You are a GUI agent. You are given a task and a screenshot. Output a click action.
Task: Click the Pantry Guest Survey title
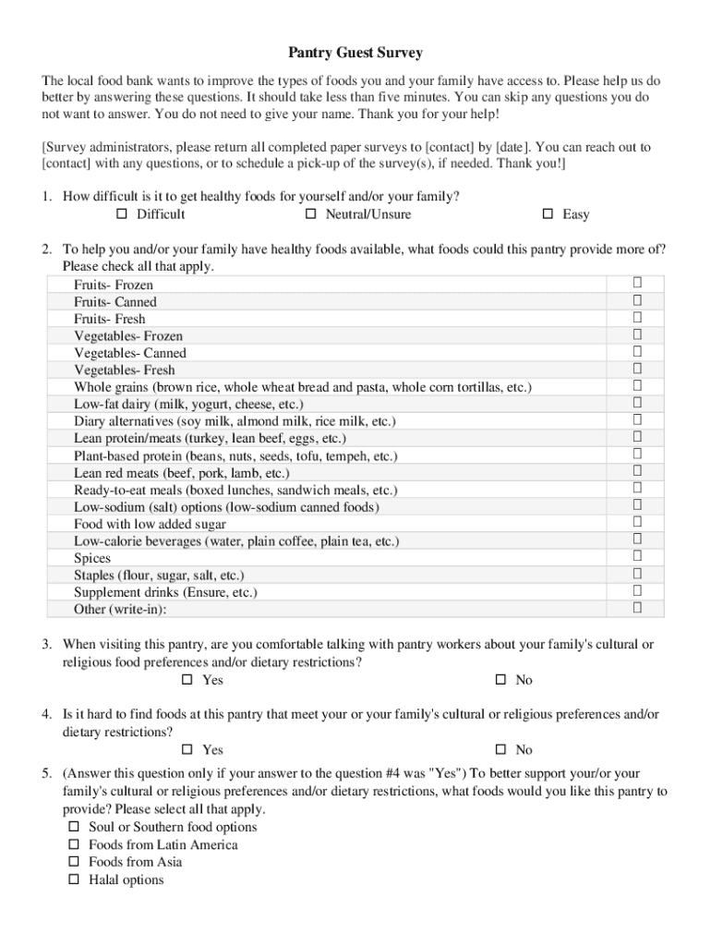point(355,53)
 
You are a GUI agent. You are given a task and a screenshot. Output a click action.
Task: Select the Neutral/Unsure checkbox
point(310,214)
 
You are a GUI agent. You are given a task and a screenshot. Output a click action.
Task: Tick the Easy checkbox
point(547,214)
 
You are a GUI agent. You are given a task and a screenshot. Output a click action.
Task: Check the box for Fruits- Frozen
point(636,283)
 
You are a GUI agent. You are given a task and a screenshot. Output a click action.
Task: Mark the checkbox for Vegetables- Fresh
point(636,369)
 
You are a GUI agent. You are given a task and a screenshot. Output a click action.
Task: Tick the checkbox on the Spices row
point(636,556)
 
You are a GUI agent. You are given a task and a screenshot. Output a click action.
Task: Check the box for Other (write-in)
point(636,608)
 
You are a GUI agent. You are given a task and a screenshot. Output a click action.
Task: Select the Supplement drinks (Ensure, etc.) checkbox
point(636,590)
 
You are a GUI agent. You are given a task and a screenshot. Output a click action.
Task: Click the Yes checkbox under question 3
point(187,680)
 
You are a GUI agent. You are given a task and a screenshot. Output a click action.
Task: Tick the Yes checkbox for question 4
point(187,749)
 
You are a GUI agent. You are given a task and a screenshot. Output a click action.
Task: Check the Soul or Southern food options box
point(74,827)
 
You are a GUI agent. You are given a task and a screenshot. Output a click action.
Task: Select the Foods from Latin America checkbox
point(74,844)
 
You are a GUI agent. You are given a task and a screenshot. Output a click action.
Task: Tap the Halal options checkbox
point(74,879)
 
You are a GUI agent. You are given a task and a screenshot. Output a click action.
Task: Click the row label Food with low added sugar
point(150,524)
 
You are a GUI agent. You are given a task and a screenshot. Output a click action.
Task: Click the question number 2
point(45,249)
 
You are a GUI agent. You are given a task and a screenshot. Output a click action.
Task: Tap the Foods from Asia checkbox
point(74,862)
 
